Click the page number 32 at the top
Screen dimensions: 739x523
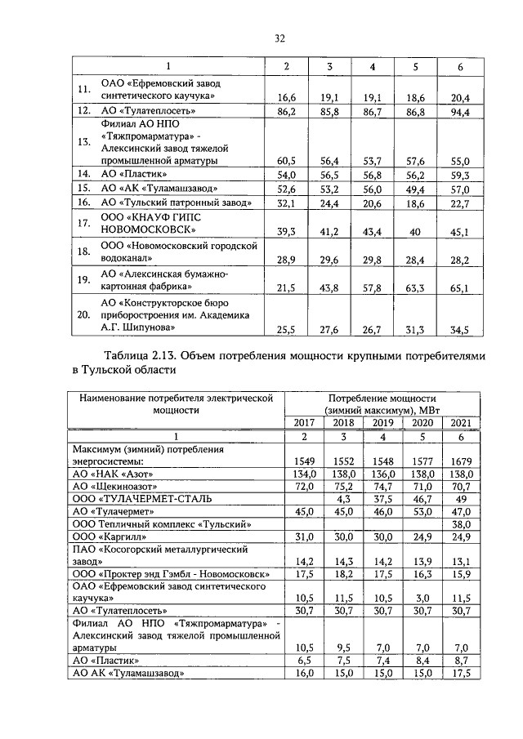(x=279, y=38)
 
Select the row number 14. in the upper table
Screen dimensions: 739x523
(x=83, y=174)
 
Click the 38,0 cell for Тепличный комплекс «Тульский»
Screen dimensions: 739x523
(x=460, y=523)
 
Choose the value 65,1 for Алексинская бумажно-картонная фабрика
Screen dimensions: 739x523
(x=460, y=288)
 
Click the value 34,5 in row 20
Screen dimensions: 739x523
(x=460, y=329)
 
